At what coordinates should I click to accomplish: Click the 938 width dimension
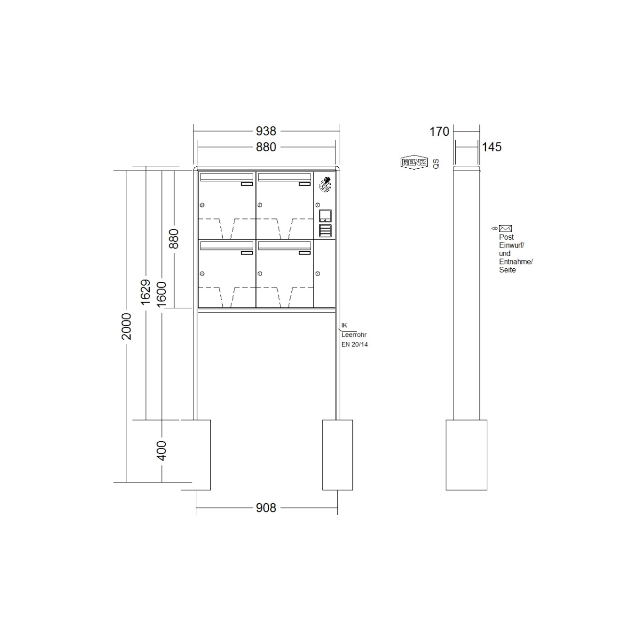click(266, 131)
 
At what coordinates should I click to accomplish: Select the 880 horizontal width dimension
click(266, 147)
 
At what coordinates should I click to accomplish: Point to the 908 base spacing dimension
click(266, 508)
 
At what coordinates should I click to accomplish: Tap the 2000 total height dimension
click(127, 326)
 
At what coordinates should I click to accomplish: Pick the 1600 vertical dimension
click(162, 292)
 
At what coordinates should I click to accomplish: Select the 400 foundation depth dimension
click(162, 450)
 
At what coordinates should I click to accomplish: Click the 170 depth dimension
click(439, 131)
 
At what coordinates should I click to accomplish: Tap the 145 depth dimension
click(492, 147)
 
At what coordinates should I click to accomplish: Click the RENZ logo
click(414, 163)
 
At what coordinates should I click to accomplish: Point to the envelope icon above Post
click(505, 228)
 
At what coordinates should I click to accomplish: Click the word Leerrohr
click(354, 334)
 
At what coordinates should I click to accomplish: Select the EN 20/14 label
click(354, 345)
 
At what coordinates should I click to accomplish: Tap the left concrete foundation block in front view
click(196, 455)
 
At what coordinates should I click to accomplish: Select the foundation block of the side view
click(466, 455)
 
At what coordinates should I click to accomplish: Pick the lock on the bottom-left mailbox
click(202, 274)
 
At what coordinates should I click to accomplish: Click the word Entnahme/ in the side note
click(515, 261)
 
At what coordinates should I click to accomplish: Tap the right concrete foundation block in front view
click(337, 455)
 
